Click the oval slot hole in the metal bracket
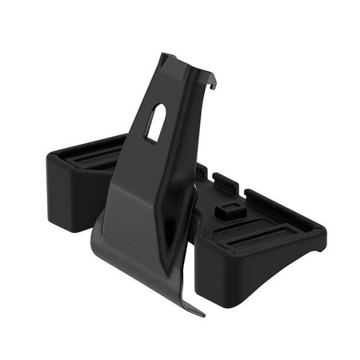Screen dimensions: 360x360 pyautogui.click(x=155, y=122)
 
